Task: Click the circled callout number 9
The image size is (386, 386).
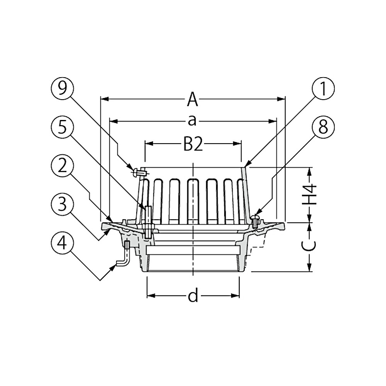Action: click(x=63, y=89)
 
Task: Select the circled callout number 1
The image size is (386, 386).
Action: click(x=323, y=89)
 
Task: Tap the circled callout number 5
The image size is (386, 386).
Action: click(x=63, y=128)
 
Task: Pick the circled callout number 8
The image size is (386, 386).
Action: click(x=323, y=128)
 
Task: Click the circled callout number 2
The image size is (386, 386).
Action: click(x=63, y=167)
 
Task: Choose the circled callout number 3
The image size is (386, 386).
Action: click(x=63, y=205)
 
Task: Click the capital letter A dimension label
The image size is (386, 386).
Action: click(x=193, y=100)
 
